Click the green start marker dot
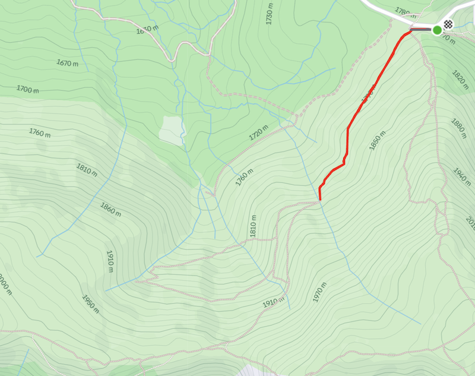pyautogui.click(x=438, y=30)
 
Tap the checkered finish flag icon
pyautogui.click(x=449, y=24)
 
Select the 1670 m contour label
pyautogui.click(x=68, y=62)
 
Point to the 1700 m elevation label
pyautogui.click(x=27, y=90)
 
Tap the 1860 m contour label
pyautogui.click(x=111, y=208)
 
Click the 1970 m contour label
pyautogui.click(x=319, y=292)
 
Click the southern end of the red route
pyautogui.click(x=319, y=200)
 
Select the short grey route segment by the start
pyautogui.click(x=421, y=29)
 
